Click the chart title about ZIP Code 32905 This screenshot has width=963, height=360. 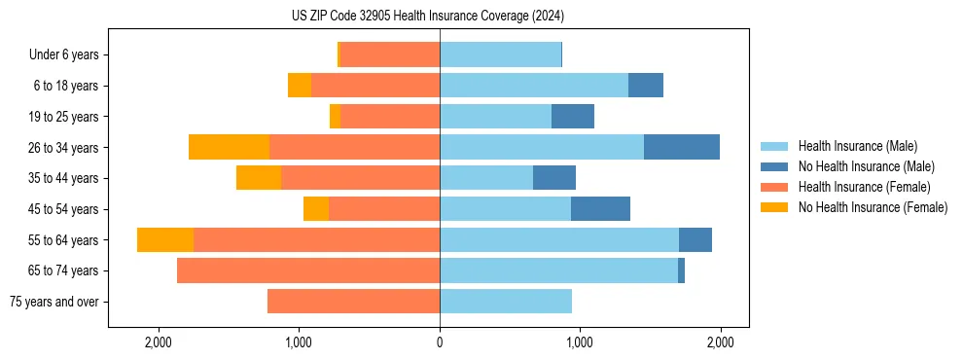coord(428,16)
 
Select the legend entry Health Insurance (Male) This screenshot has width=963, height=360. coord(857,146)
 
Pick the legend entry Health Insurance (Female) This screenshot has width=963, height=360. coord(865,187)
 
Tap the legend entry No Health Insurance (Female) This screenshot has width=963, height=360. coord(873,207)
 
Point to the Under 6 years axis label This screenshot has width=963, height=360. coord(64,55)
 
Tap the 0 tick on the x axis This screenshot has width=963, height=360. coord(440,342)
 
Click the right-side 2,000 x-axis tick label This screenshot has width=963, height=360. coord(720,342)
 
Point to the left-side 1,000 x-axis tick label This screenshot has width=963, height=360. coord(299,342)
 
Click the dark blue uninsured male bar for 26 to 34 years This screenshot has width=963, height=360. coord(681,147)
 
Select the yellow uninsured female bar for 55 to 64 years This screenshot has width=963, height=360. coord(165,239)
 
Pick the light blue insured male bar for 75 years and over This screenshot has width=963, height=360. coord(506,302)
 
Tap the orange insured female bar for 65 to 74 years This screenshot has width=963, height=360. coord(308,270)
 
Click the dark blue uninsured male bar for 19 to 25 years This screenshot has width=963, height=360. coord(572,117)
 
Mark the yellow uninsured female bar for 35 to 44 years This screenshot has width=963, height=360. coord(259,178)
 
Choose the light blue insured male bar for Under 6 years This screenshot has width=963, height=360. coord(500,55)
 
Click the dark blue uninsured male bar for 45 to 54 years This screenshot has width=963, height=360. coord(600,209)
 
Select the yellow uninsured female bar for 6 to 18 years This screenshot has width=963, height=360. coord(300,86)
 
